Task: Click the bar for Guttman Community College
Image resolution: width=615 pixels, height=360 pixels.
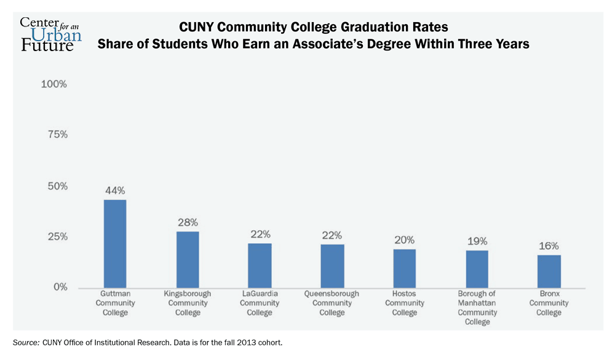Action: (115, 244)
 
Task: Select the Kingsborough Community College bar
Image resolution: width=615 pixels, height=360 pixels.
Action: (188, 260)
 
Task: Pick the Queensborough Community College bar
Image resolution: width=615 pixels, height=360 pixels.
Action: (332, 266)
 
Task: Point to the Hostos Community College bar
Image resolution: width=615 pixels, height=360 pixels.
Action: (405, 268)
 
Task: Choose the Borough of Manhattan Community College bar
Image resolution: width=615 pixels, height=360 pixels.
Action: (477, 269)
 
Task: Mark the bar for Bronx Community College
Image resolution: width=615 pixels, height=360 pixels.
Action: (549, 271)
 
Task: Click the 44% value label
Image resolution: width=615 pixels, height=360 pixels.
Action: (115, 190)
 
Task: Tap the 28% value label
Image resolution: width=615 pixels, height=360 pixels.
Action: (188, 222)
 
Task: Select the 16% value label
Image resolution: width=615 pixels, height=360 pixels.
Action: (549, 246)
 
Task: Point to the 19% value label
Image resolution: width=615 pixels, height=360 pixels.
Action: (477, 241)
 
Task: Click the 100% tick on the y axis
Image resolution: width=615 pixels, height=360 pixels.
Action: (54, 84)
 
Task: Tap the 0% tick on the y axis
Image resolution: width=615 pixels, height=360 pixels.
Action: (60, 287)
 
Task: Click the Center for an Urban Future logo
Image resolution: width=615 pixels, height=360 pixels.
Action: (50, 33)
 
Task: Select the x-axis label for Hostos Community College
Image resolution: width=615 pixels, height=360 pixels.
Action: (405, 303)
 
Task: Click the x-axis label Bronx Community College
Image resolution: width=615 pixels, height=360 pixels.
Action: (549, 303)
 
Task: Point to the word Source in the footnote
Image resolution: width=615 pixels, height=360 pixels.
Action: (25, 342)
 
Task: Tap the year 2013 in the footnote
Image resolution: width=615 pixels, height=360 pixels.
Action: (233, 342)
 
